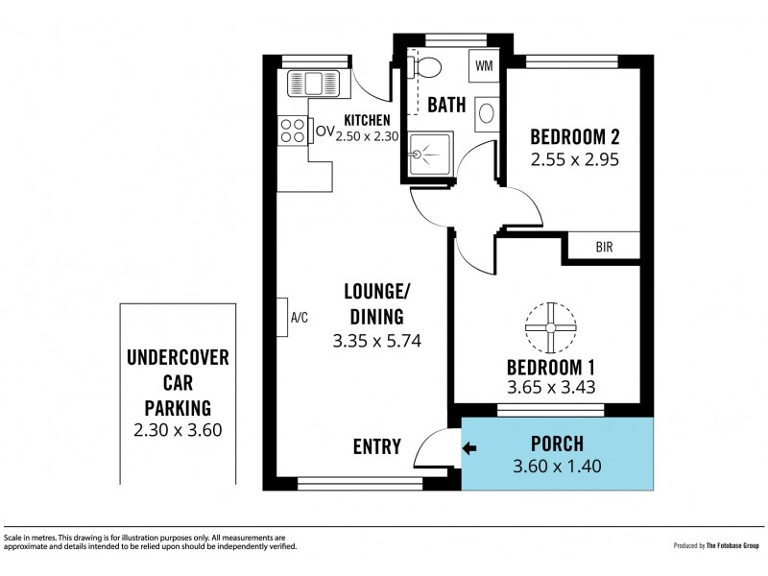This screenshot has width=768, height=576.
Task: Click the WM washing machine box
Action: (x=484, y=65)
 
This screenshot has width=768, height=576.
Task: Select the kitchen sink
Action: (x=314, y=83)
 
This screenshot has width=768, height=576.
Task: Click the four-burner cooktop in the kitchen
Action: (x=293, y=131)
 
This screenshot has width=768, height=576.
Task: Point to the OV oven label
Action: (x=325, y=132)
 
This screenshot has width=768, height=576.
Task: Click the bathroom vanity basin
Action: (x=487, y=113)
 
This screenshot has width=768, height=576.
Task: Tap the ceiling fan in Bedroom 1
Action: (x=550, y=327)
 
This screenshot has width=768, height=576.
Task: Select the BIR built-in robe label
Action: (x=605, y=247)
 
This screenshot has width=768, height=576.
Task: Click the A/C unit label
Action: (x=300, y=318)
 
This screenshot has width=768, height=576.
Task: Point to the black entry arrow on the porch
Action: (x=469, y=447)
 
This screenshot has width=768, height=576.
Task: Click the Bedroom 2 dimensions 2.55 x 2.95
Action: (x=575, y=159)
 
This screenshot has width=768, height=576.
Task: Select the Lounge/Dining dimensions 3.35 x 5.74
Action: (x=376, y=341)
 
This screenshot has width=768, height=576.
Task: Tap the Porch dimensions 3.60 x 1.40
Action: (x=557, y=466)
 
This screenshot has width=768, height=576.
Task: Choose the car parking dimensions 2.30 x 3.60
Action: (x=178, y=430)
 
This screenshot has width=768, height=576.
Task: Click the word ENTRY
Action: (x=377, y=446)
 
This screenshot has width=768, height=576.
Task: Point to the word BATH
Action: (x=446, y=105)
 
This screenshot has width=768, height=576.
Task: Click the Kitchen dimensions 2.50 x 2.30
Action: (x=367, y=136)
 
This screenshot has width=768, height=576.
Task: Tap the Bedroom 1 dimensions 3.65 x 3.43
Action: (x=551, y=388)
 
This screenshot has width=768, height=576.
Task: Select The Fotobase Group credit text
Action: (x=732, y=545)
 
